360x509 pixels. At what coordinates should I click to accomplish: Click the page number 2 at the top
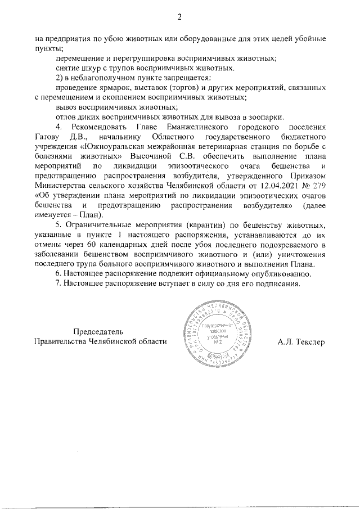pyautogui.click(x=179, y=16)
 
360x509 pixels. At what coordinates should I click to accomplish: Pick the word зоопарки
pyautogui.click(x=266, y=116)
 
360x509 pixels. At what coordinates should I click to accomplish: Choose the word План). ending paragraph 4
pyautogui.click(x=87, y=215)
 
